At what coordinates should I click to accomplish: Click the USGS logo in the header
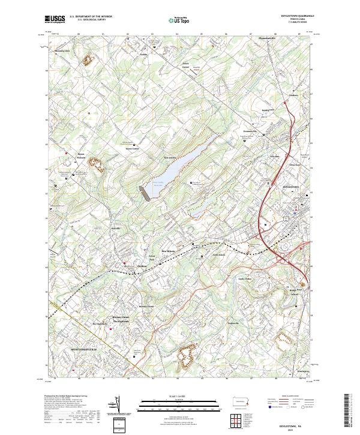click(55, 19)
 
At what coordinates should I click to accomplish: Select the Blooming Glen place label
click(62, 51)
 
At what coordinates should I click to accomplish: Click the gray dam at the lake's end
click(143, 192)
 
